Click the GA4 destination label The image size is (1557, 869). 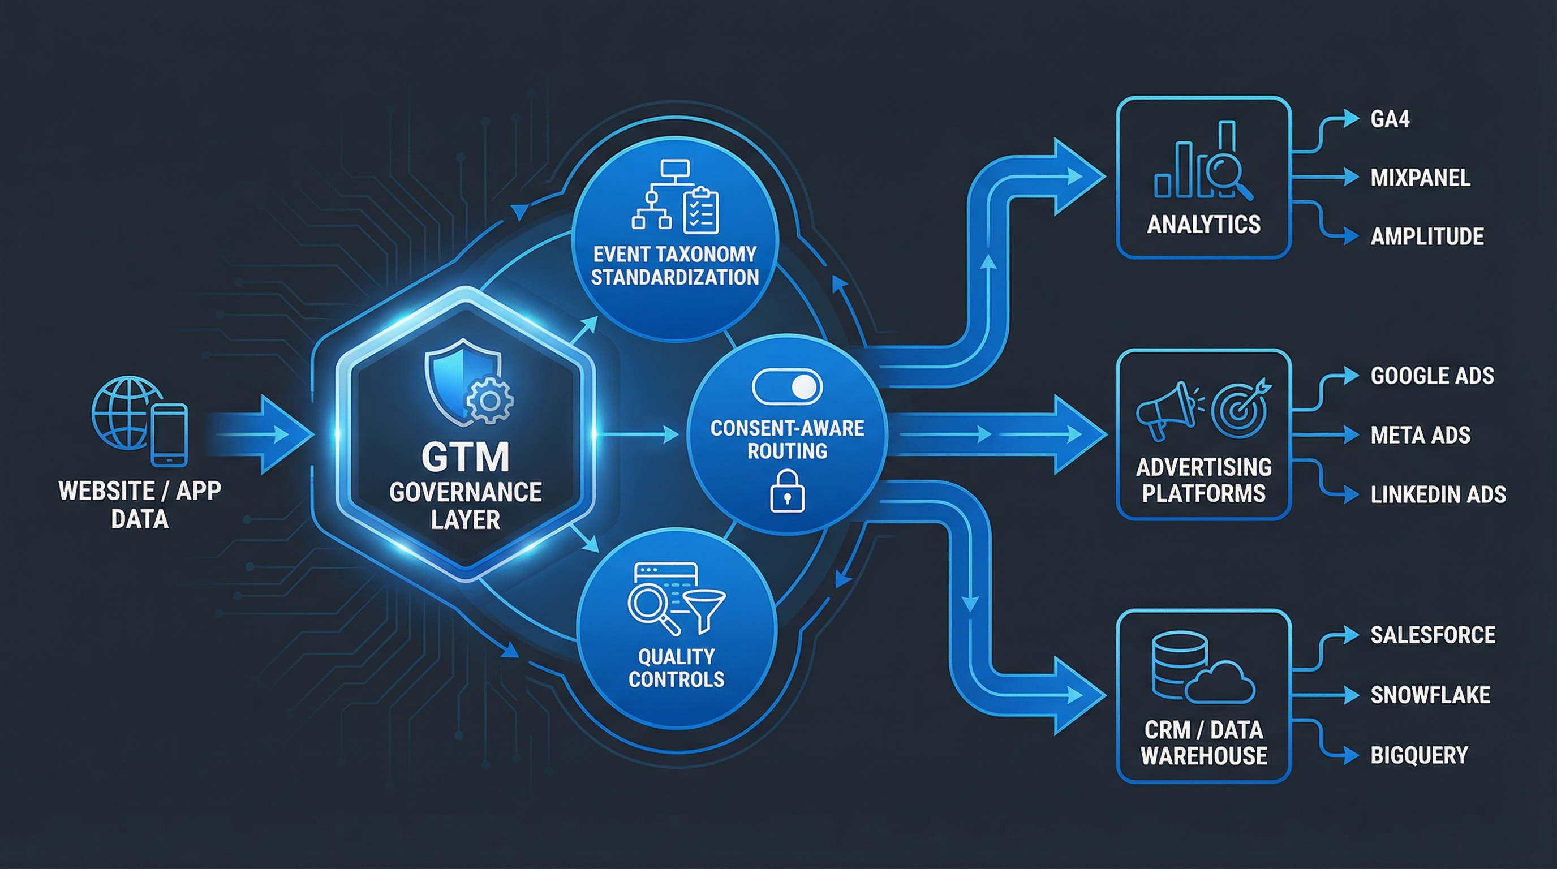(1390, 119)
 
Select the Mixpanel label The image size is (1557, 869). (1420, 178)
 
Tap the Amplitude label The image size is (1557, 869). (1426, 236)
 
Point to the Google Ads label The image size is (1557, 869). (1432, 376)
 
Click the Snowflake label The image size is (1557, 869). (1430, 695)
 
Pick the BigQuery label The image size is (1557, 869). (1418, 755)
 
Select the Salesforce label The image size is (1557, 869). (1433, 635)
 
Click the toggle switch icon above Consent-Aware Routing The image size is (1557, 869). (787, 388)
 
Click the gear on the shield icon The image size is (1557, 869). (489, 399)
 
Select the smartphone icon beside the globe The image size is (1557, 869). (169, 434)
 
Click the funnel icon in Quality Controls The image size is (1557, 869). (704, 610)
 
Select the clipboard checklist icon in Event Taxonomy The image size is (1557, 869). (700, 211)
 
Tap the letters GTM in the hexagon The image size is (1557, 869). (466, 458)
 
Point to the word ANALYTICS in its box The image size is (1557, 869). (1203, 225)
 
